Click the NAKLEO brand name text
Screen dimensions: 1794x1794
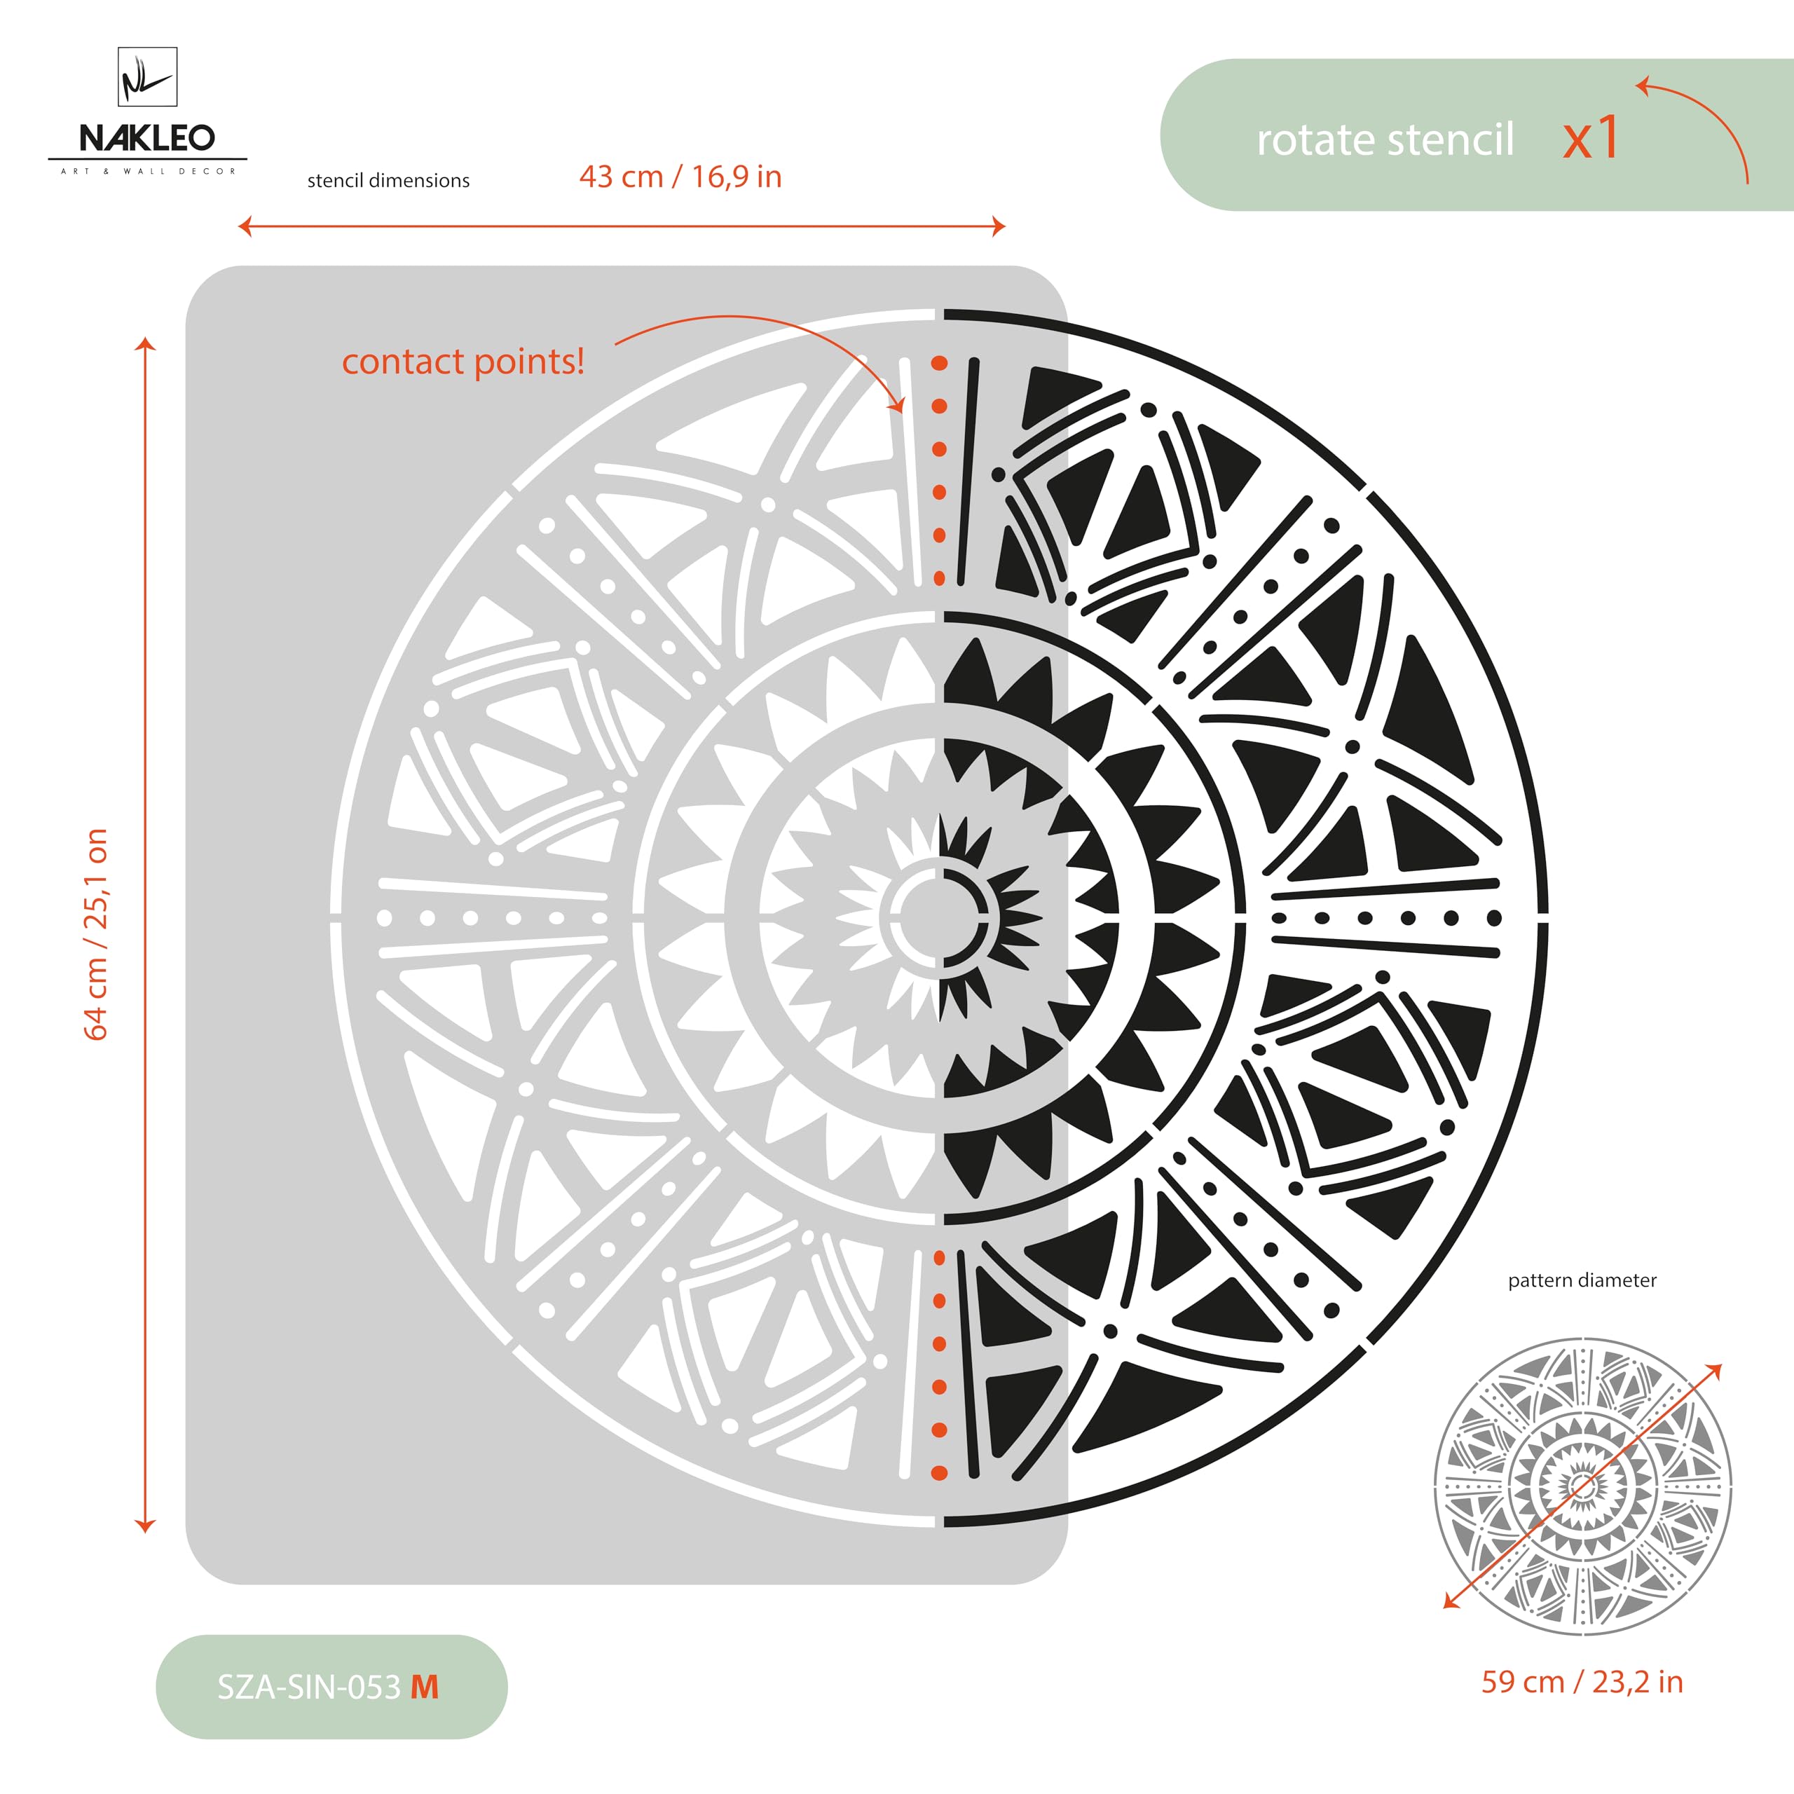coord(146,138)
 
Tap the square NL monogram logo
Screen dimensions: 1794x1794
coord(148,77)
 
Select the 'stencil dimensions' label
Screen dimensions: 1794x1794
coord(388,180)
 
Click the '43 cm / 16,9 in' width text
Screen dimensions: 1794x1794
coord(680,177)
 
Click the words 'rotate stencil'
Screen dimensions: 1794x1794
coord(1385,140)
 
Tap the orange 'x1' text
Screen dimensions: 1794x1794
coord(1591,138)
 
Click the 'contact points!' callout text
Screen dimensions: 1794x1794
coord(463,361)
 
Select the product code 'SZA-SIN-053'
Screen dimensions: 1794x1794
coord(308,1687)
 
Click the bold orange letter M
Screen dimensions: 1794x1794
coord(425,1687)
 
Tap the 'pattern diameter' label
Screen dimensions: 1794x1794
coord(1582,1280)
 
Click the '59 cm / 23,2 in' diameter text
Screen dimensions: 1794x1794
coord(1582,1682)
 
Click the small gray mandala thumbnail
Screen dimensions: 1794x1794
coord(1582,1486)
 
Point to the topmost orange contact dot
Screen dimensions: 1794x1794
coord(940,363)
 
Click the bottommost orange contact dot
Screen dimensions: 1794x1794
coord(940,1473)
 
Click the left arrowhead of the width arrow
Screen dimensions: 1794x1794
coord(244,226)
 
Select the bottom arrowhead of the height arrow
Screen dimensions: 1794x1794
coord(145,1526)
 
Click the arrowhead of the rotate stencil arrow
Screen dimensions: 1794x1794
coord(1642,86)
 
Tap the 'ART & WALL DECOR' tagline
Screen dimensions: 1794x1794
coord(148,171)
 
